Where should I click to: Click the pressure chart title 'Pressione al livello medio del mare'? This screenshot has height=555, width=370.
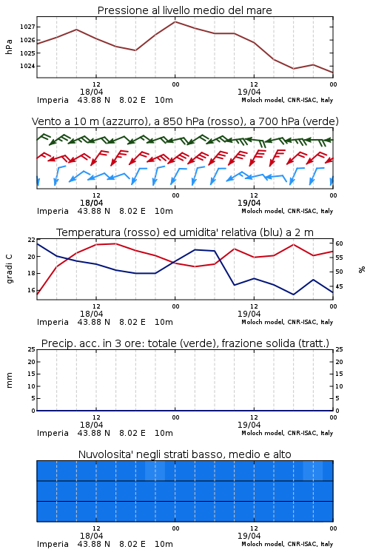[184, 10]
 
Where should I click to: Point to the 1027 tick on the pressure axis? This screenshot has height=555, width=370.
[27, 27]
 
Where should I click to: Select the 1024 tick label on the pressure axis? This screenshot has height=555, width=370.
[27, 66]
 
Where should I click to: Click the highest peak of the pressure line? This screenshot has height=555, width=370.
[175, 21]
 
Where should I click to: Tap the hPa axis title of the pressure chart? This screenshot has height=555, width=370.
[9, 47]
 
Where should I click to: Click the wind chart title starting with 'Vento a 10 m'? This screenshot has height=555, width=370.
[185, 121]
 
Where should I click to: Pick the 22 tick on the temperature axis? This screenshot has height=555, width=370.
[32, 240]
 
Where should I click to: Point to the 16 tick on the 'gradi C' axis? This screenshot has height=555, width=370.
[32, 290]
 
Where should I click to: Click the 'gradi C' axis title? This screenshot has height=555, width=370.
[9, 269]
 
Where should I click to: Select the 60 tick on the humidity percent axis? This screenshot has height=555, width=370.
[339, 243]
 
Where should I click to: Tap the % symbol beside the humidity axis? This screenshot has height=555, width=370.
[362, 269]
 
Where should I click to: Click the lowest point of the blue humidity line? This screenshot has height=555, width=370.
[294, 295]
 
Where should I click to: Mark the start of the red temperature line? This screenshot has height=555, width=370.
[37, 295]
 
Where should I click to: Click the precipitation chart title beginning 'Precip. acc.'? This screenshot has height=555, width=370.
[185, 343]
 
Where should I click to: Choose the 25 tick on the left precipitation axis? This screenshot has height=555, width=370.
[32, 349]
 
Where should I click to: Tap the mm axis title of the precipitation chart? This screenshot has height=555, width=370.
[9, 380]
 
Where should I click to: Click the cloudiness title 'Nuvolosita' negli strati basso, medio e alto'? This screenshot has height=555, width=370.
[184, 454]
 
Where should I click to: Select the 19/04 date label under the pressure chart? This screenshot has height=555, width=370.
[249, 92]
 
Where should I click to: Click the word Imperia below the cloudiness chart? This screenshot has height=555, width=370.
[53, 544]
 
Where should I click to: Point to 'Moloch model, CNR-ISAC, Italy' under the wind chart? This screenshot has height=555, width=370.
[287, 211]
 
